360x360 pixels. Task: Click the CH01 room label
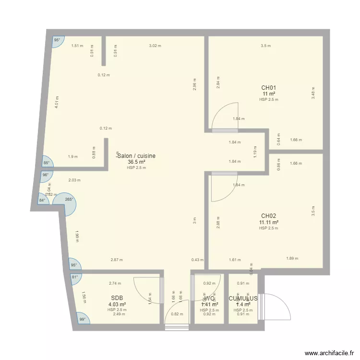268,88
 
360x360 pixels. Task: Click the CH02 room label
268,216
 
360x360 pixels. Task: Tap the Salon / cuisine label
137,156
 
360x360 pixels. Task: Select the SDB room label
117,298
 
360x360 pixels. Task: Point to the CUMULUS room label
243,299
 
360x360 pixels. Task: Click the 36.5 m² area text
136,162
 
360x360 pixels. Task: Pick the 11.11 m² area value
269,223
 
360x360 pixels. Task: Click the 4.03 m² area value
117,304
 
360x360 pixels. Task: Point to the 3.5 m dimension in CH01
265,46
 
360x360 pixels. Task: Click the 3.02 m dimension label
155,46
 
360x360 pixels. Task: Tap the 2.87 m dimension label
117,260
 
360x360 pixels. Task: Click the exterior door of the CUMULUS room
276,307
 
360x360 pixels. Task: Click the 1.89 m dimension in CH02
292,258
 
